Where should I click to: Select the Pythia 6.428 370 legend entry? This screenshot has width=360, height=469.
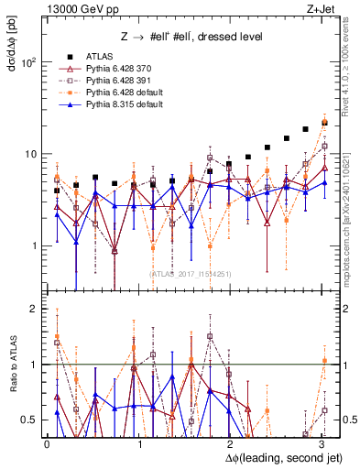click(119, 69)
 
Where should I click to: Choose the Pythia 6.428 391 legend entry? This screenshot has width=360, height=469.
click(119, 81)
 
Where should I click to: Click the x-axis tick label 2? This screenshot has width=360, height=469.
click(228, 442)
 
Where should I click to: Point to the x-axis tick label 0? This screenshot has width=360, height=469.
click(48, 442)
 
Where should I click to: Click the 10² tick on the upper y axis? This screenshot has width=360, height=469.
click(28, 62)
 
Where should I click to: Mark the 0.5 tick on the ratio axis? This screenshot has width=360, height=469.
click(28, 420)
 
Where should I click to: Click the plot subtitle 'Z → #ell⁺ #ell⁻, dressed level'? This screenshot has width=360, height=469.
click(191, 37)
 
